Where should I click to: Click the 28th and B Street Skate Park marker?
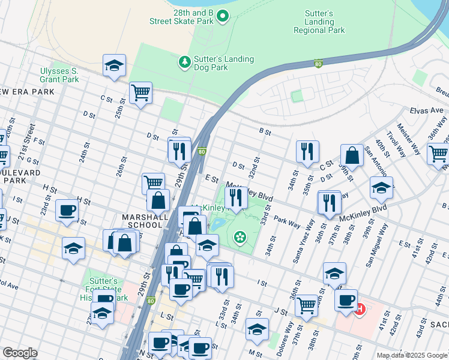tap(223, 16)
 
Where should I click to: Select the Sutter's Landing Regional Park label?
tap(319, 22)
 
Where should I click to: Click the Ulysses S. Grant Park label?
tap(59, 75)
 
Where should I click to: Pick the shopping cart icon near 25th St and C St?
tap(140, 93)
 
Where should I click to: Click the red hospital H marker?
tap(360, 310)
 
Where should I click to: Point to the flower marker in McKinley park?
tap(240, 238)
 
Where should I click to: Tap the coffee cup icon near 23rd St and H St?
tap(67, 210)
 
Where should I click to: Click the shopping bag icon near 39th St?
tap(352, 155)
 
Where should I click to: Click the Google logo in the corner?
tap(20, 353)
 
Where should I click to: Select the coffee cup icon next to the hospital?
tap(346, 300)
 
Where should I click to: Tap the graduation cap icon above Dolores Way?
tap(257, 329)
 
